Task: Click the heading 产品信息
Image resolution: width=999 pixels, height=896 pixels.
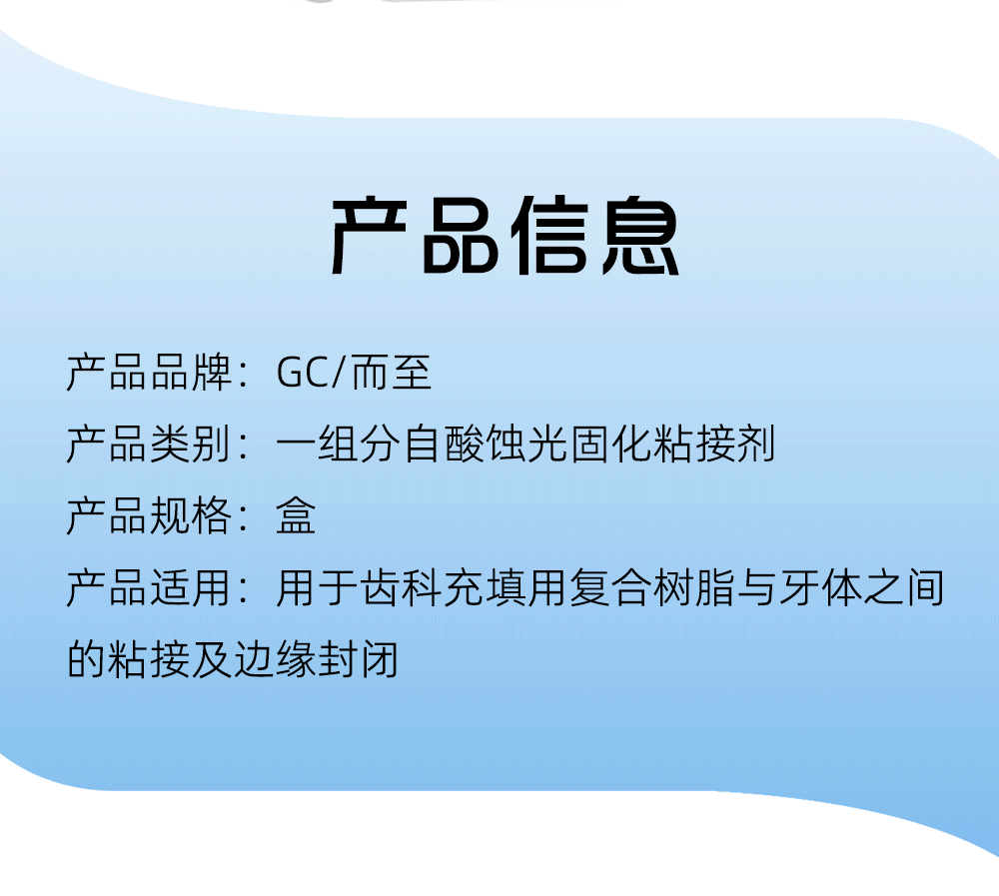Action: point(504,236)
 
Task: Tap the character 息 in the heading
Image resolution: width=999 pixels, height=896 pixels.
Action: point(640,236)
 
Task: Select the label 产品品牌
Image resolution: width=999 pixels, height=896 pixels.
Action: point(149,373)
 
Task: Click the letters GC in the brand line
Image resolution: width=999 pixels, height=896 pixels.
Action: point(303,373)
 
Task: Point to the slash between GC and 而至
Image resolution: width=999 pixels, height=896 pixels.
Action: point(339,373)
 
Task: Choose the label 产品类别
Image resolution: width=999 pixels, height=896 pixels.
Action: point(149,445)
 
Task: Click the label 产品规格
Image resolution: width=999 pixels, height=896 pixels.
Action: point(149,515)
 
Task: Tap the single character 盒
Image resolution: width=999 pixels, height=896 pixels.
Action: point(296,515)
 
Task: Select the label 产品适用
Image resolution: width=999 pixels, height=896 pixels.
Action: point(149,587)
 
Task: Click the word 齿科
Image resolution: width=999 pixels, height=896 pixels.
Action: point(402,587)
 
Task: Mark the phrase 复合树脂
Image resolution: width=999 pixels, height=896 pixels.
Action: point(651,587)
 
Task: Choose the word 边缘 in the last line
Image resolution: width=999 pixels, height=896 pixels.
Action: point(276,659)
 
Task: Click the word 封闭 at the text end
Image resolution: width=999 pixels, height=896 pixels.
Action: point(359,659)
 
